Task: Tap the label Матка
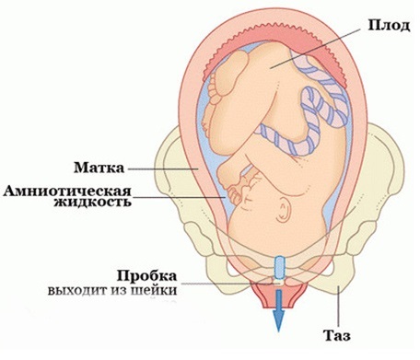[x=100, y=169]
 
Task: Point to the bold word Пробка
[x=142, y=275]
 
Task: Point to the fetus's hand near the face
[x=239, y=193]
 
